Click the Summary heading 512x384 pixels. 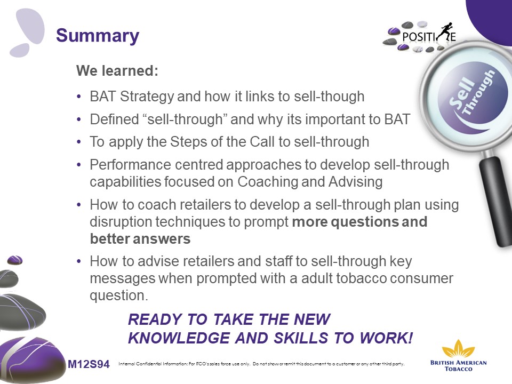[98, 36]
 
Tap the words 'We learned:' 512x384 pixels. [117, 70]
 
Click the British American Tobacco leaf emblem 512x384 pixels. [458, 348]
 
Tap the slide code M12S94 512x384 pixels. [89, 364]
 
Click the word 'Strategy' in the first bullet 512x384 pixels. [147, 97]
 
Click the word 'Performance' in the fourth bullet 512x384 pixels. [131, 165]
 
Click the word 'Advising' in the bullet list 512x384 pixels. [356, 182]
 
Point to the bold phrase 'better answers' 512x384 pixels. [140, 239]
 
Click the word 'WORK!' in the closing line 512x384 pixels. [387, 338]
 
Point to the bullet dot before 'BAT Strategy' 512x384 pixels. [79, 97]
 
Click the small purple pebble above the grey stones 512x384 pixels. [15, 260]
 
